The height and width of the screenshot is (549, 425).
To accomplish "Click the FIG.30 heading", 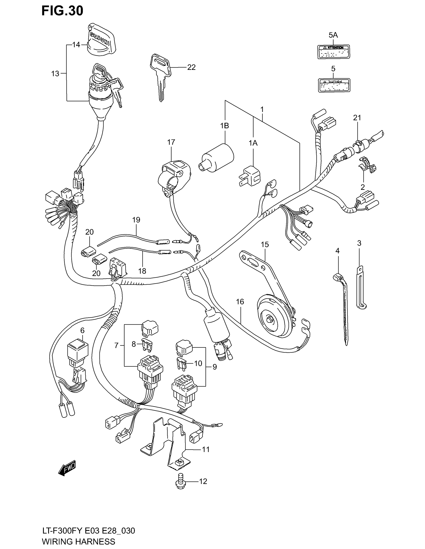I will coord(62,11).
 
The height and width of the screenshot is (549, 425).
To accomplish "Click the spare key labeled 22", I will coord(160,75).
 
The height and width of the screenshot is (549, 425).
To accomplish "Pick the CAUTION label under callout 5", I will coord(334,85).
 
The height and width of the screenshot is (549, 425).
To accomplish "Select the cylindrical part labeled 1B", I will coord(217,158).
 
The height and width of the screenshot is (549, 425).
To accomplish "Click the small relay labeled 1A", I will coord(250,176).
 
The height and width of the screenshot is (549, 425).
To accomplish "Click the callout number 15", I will coord(264,244).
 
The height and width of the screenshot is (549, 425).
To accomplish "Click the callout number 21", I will coord(357,118).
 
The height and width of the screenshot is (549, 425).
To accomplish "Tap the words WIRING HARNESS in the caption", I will coord(78,541).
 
